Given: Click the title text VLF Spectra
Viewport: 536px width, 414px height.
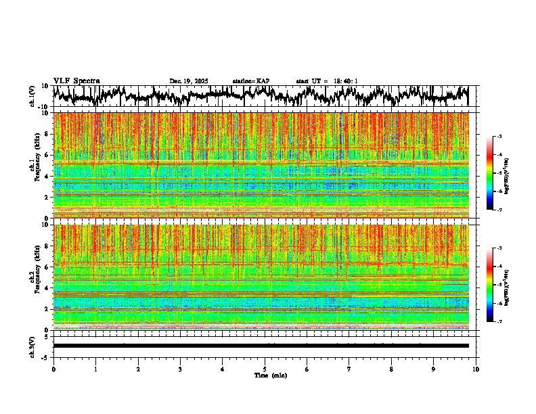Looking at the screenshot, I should (x=76, y=80).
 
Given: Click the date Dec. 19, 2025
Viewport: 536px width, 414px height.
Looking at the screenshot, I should (x=189, y=81).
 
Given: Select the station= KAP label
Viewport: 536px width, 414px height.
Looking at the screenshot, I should (x=251, y=81).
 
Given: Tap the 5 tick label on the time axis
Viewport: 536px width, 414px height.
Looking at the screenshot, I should (x=265, y=369).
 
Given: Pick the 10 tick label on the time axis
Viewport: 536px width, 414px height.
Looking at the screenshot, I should (x=476, y=369).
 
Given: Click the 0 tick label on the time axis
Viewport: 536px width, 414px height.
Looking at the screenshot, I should (x=53, y=369).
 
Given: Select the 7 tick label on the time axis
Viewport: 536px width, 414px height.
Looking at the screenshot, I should (x=349, y=369).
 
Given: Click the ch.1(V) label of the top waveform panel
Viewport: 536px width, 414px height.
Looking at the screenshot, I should (x=32, y=96).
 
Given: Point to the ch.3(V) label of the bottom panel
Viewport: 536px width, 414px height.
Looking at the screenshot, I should (x=32, y=346).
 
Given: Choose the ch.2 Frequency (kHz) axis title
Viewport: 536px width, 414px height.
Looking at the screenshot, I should (x=33, y=277).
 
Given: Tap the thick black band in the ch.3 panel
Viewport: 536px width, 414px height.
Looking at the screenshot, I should (x=261, y=346).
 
